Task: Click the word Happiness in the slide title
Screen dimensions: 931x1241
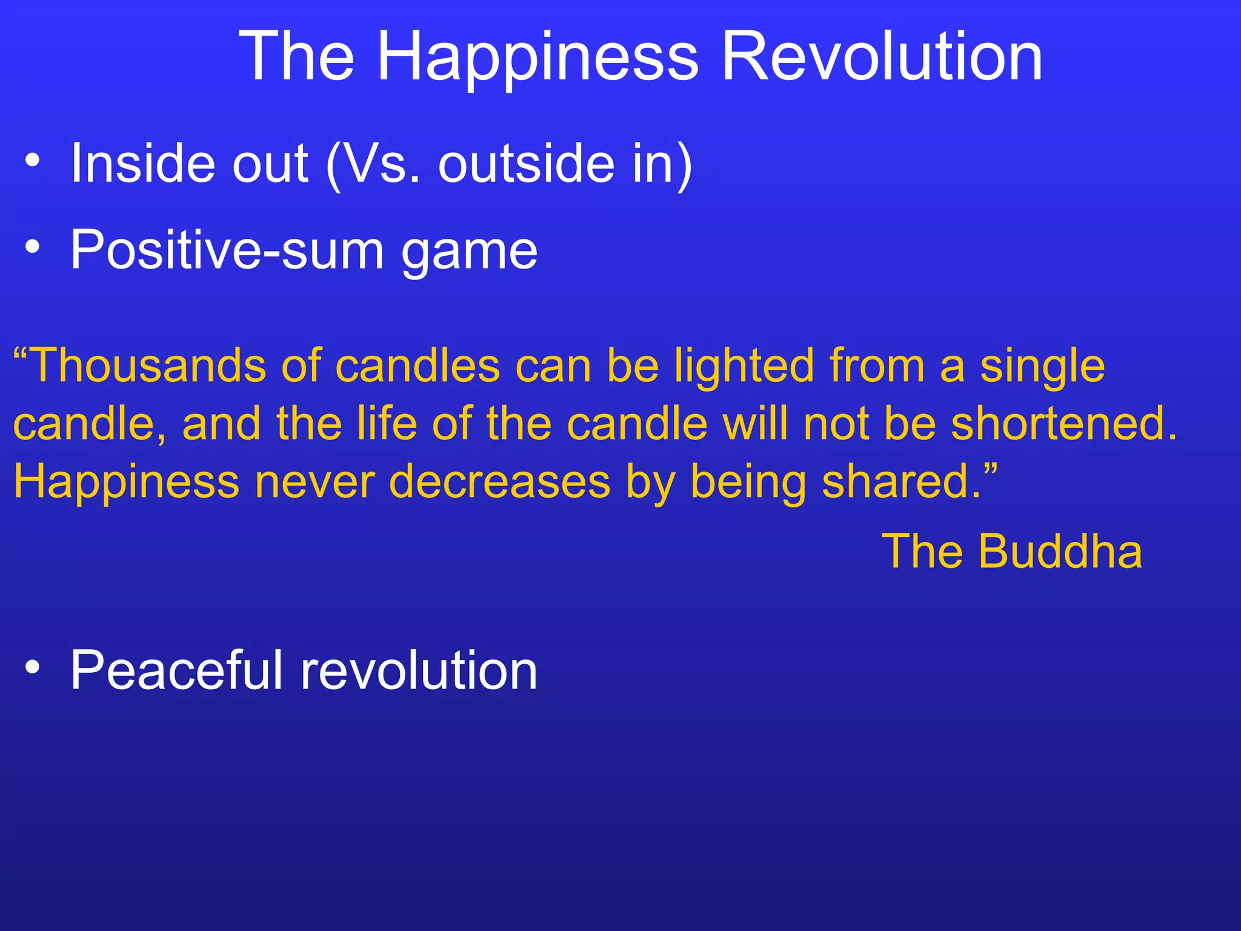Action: [x=537, y=58]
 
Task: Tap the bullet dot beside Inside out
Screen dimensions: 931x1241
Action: [x=33, y=161]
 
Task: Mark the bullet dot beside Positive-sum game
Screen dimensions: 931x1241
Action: [x=33, y=247]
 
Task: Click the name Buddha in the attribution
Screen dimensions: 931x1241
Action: [x=1060, y=552]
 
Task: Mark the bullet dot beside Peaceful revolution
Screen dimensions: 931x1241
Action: [x=33, y=667]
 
